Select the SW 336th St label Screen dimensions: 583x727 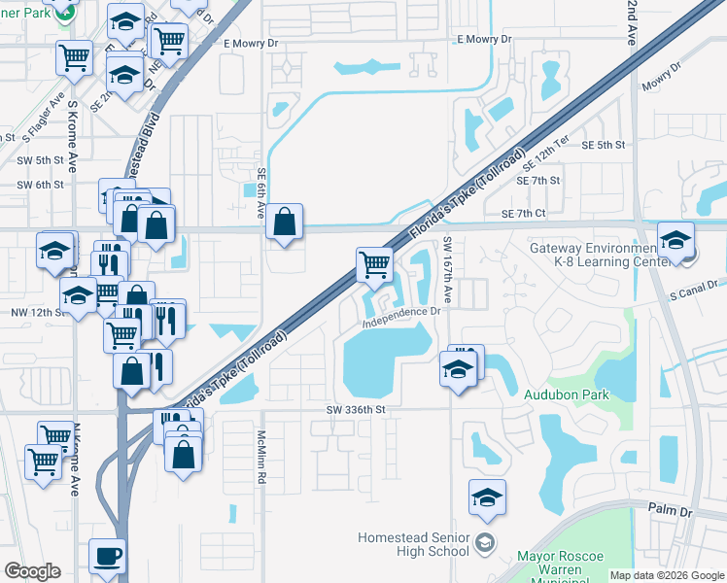click(357, 410)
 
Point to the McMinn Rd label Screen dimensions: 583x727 click(261, 458)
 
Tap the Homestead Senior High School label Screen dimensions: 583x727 click(414, 544)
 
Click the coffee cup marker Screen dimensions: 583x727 click(107, 557)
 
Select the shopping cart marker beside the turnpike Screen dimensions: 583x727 click(374, 263)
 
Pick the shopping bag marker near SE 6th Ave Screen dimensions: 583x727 click(284, 223)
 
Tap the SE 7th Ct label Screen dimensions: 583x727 click(526, 214)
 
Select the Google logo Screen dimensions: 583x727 click(32, 571)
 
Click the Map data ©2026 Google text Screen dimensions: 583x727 click(666, 575)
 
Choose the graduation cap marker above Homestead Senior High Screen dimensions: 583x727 click(487, 498)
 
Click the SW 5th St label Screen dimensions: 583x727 click(39, 159)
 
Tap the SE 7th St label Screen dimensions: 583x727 click(538, 181)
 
